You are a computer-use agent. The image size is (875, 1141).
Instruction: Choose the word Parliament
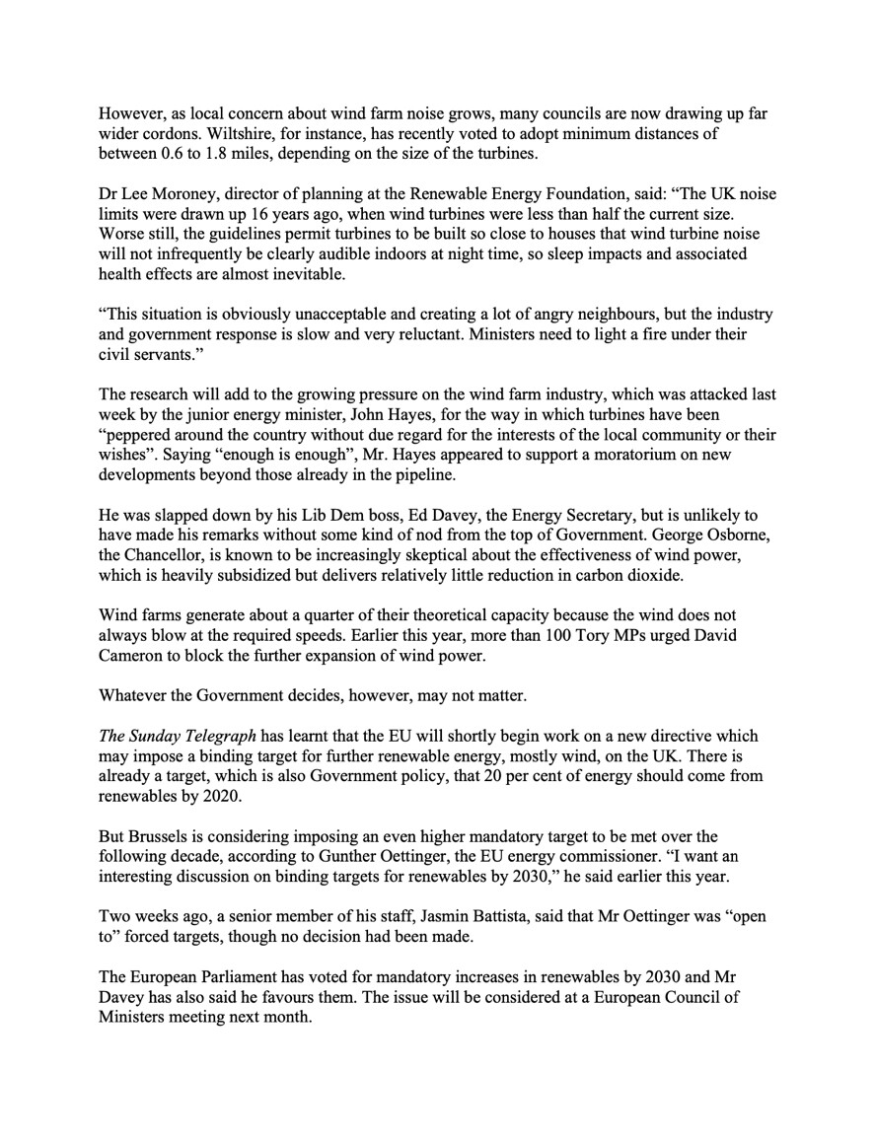pos(232,978)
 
